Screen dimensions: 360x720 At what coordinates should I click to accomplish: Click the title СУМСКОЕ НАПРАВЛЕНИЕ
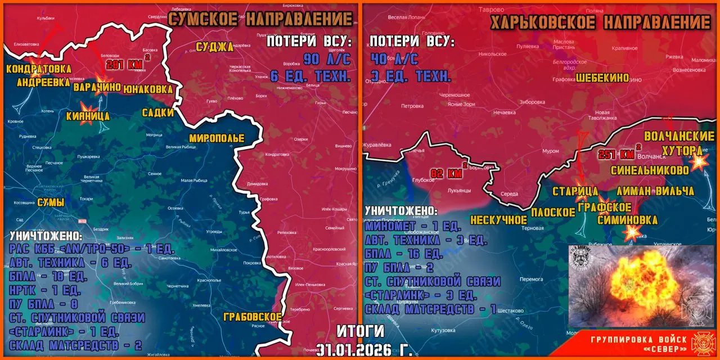click(x=260, y=19)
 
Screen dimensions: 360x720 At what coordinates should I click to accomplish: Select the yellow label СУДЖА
click(x=214, y=47)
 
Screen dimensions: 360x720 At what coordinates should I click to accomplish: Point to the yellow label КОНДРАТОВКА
click(x=39, y=69)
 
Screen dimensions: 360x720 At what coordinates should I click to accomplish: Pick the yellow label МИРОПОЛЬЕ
click(x=217, y=138)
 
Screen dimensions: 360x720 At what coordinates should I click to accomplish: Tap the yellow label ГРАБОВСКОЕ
click(x=252, y=317)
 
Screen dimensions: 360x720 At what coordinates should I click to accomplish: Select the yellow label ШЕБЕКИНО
click(x=602, y=78)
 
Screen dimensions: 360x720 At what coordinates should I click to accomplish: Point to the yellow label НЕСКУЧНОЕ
click(x=498, y=219)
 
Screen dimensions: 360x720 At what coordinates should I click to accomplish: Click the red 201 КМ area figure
click(x=127, y=64)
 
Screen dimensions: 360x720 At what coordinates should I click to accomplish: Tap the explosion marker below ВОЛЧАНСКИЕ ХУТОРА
click(x=699, y=161)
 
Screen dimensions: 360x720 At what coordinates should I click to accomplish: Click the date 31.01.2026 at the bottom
click(x=364, y=350)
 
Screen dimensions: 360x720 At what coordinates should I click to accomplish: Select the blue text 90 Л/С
click(x=327, y=59)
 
